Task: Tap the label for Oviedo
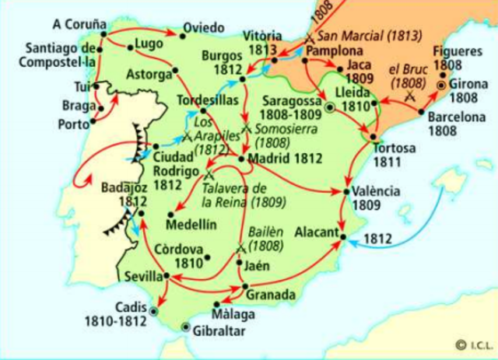(204, 30)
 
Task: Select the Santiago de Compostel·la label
(58, 52)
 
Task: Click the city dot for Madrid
(242, 159)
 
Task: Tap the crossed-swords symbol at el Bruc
(409, 96)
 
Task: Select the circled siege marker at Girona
(443, 84)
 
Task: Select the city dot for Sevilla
(167, 277)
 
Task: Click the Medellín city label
(191, 225)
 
